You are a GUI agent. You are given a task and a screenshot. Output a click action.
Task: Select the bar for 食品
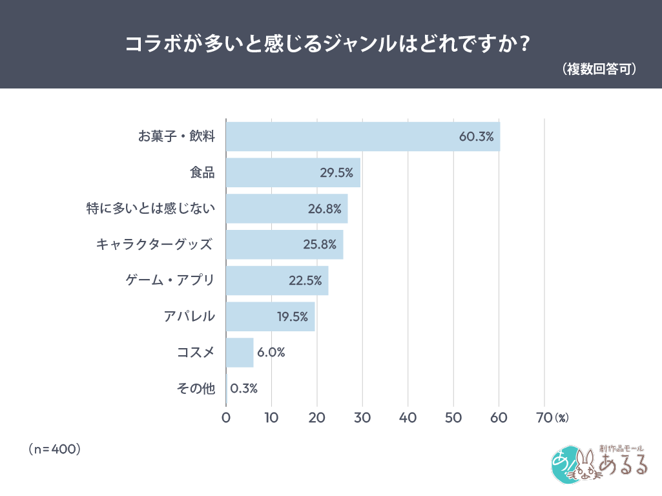click(293, 172)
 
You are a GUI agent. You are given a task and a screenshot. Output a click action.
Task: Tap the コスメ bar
click(240, 353)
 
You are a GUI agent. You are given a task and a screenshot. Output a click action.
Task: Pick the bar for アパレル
click(270, 316)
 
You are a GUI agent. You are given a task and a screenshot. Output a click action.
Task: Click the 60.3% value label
click(476, 137)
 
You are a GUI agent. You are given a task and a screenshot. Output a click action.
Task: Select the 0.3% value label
click(244, 389)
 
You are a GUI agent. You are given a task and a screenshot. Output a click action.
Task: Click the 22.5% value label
click(305, 281)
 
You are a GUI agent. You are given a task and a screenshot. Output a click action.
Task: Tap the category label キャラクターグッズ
click(154, 245)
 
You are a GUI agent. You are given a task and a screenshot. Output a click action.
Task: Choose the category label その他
click(195, 389)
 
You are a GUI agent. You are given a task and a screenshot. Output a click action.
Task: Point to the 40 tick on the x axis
click(408, 418)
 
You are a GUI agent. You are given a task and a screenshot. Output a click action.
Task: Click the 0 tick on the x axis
click(226, 418)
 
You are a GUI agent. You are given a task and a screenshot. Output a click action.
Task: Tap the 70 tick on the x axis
click(544, 418)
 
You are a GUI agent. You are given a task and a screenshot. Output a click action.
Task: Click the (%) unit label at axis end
click(561, 418)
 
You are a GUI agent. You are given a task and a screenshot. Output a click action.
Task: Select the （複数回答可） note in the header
click(600, 68)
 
